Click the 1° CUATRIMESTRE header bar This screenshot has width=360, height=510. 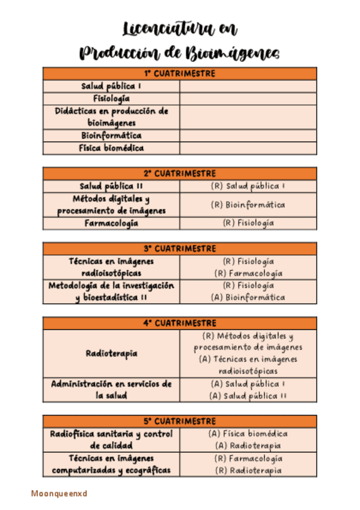(179, 73)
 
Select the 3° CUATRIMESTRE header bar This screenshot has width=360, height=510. (179, 248)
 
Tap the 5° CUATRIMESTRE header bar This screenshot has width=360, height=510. (179, 420)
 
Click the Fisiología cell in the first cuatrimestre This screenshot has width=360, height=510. (111, 98)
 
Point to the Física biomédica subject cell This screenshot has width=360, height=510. (111, 147)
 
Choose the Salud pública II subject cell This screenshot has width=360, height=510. (111, 186)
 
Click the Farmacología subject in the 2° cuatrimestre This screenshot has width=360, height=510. (111, 223)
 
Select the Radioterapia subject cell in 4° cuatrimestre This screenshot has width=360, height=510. (111, 354)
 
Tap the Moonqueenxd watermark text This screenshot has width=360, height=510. (59, 493)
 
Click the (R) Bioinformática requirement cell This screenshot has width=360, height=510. (248, 204)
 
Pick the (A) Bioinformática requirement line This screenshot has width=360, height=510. (248, 297)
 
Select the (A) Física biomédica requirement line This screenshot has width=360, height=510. (248, 433)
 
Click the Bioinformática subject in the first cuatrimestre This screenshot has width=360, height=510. (111, 135)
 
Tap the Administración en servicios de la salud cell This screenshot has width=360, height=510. (111, 390)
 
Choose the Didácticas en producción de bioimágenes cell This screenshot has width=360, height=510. (111, 117)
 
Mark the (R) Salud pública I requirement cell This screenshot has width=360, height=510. (248, 186)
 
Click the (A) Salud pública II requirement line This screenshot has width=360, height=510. (248, 396)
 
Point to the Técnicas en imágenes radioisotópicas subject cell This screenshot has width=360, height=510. (111, 267)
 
